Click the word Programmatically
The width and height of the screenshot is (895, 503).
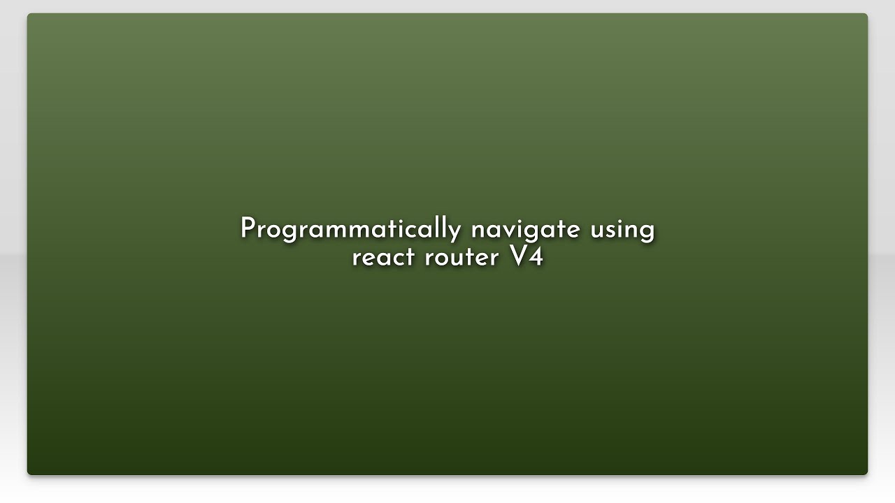[x=350, y=229]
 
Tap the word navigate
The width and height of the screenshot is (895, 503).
[x=525, y=229]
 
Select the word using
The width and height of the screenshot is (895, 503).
[x=622, y=229]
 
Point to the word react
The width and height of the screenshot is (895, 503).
[x=382, y=257]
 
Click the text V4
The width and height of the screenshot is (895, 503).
[x=527, y=256]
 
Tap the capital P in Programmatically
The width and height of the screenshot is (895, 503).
[x=248, y=228]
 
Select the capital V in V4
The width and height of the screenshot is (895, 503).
[x=518, y=256]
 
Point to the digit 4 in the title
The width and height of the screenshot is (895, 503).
[x=536, y=256]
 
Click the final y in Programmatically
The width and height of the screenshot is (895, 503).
[x=455, y=232]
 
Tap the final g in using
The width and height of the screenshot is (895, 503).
[x=647, y=232]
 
